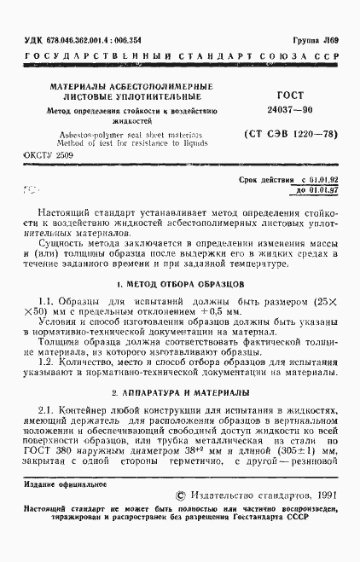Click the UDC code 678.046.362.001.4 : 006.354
(84, 39)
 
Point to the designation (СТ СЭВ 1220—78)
(281, 133)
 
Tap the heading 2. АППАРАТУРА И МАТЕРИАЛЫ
(180, 393)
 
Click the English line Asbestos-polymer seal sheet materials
(131, 134)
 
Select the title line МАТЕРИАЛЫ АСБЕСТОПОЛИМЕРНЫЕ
(131, 87)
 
